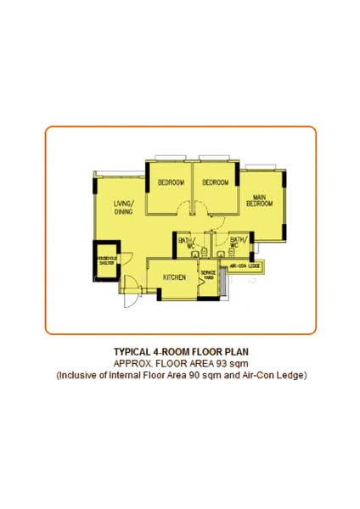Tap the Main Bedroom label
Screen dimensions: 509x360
point(259,200)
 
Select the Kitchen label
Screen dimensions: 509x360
point(175,278)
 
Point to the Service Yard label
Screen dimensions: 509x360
point(208,275)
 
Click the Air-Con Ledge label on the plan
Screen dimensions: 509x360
point(245,266)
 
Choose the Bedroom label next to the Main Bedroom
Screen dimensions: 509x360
point(216,183)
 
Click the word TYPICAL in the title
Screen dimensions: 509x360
point(132,351)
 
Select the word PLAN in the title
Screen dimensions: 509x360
point(237,351)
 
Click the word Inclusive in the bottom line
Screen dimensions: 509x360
point(78,374)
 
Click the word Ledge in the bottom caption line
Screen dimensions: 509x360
point(291,374)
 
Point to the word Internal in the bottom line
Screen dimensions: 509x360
point(124,374)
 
